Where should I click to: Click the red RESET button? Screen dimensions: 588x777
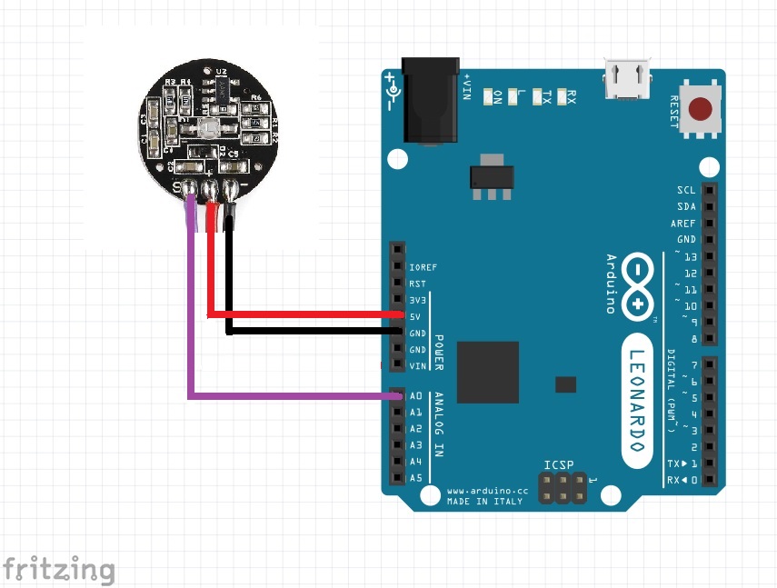[x=701, y=111]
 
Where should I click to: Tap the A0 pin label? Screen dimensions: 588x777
[x=416, y=396]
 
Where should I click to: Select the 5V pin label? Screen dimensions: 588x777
[x=415, y=316]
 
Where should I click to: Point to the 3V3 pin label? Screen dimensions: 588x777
[x=417, y=300]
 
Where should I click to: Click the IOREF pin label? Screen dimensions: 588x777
[x=423, y=267]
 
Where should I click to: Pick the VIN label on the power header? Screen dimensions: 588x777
[x=417, y=365]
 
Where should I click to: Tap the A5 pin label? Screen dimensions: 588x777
[x=416, y=478]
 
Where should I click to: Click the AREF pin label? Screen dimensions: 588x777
[x=683, y=223]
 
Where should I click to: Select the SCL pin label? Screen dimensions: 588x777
[x=686, y=190]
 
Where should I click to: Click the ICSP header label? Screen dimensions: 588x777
[x=559, y=465]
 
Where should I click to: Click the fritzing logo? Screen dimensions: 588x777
[x=58, y=570]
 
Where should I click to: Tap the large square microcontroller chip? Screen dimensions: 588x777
[x=488, y=372]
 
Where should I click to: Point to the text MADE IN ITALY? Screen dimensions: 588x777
[x=483, y=502]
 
